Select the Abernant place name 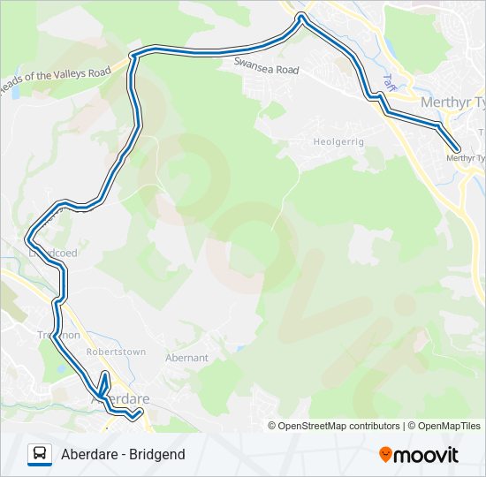point(186,358)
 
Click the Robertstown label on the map point(116,352)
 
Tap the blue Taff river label point(388,80)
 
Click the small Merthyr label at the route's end point(467,158)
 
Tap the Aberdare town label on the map point(120,399)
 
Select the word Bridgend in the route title point(156,454)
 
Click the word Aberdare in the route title point(88,454)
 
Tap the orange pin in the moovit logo point(385,454)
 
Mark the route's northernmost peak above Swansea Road point(302,18)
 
